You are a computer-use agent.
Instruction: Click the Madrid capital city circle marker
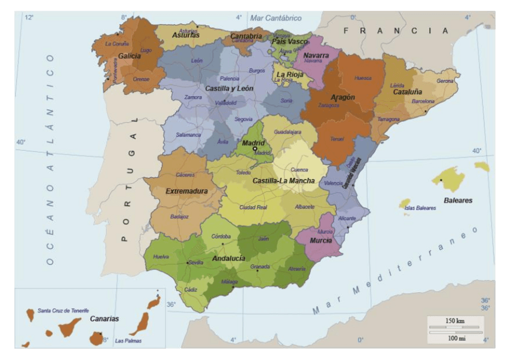[x=254, y=148]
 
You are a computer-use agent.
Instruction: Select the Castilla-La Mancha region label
[x=283, y=180]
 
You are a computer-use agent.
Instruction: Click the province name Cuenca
[x=299, y=169]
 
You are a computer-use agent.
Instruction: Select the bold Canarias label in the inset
[x=105, y=319]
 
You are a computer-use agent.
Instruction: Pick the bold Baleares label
[x=458, y=200]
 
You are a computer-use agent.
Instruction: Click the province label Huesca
[x=363, y=78]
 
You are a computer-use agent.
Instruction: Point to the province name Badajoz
[x=180, y=216]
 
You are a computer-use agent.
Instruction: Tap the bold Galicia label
[x=129, y=55]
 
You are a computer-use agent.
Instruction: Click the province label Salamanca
[x=188, y=135]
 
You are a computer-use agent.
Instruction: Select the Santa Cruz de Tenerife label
[x=63, y=310]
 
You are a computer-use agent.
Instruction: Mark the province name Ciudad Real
[x=253, y=207]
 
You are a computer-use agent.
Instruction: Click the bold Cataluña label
[x=408, y=92]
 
